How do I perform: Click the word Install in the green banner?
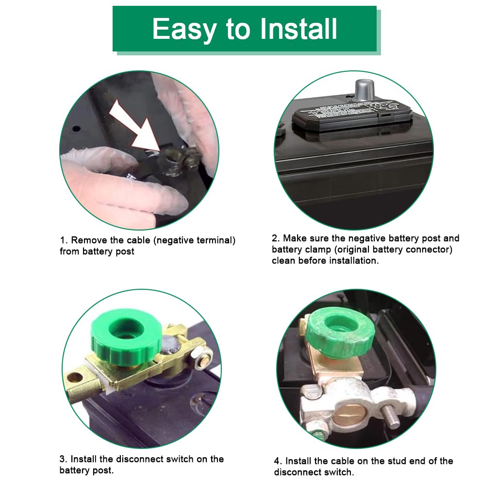click(298, 29)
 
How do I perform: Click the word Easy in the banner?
click(184, 29)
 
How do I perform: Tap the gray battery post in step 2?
click(364, 91)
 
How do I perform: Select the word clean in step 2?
click(283, 261)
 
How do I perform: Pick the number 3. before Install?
click(64, 459)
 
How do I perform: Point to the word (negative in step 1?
click(174, 241)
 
